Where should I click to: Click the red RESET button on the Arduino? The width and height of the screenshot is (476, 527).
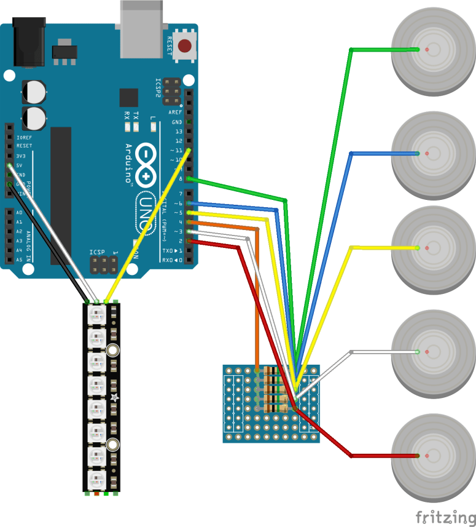184,46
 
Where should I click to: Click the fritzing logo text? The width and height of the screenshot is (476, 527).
445,516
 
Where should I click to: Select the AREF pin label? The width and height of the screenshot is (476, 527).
174,113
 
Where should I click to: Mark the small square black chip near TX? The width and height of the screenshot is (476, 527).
129,98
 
